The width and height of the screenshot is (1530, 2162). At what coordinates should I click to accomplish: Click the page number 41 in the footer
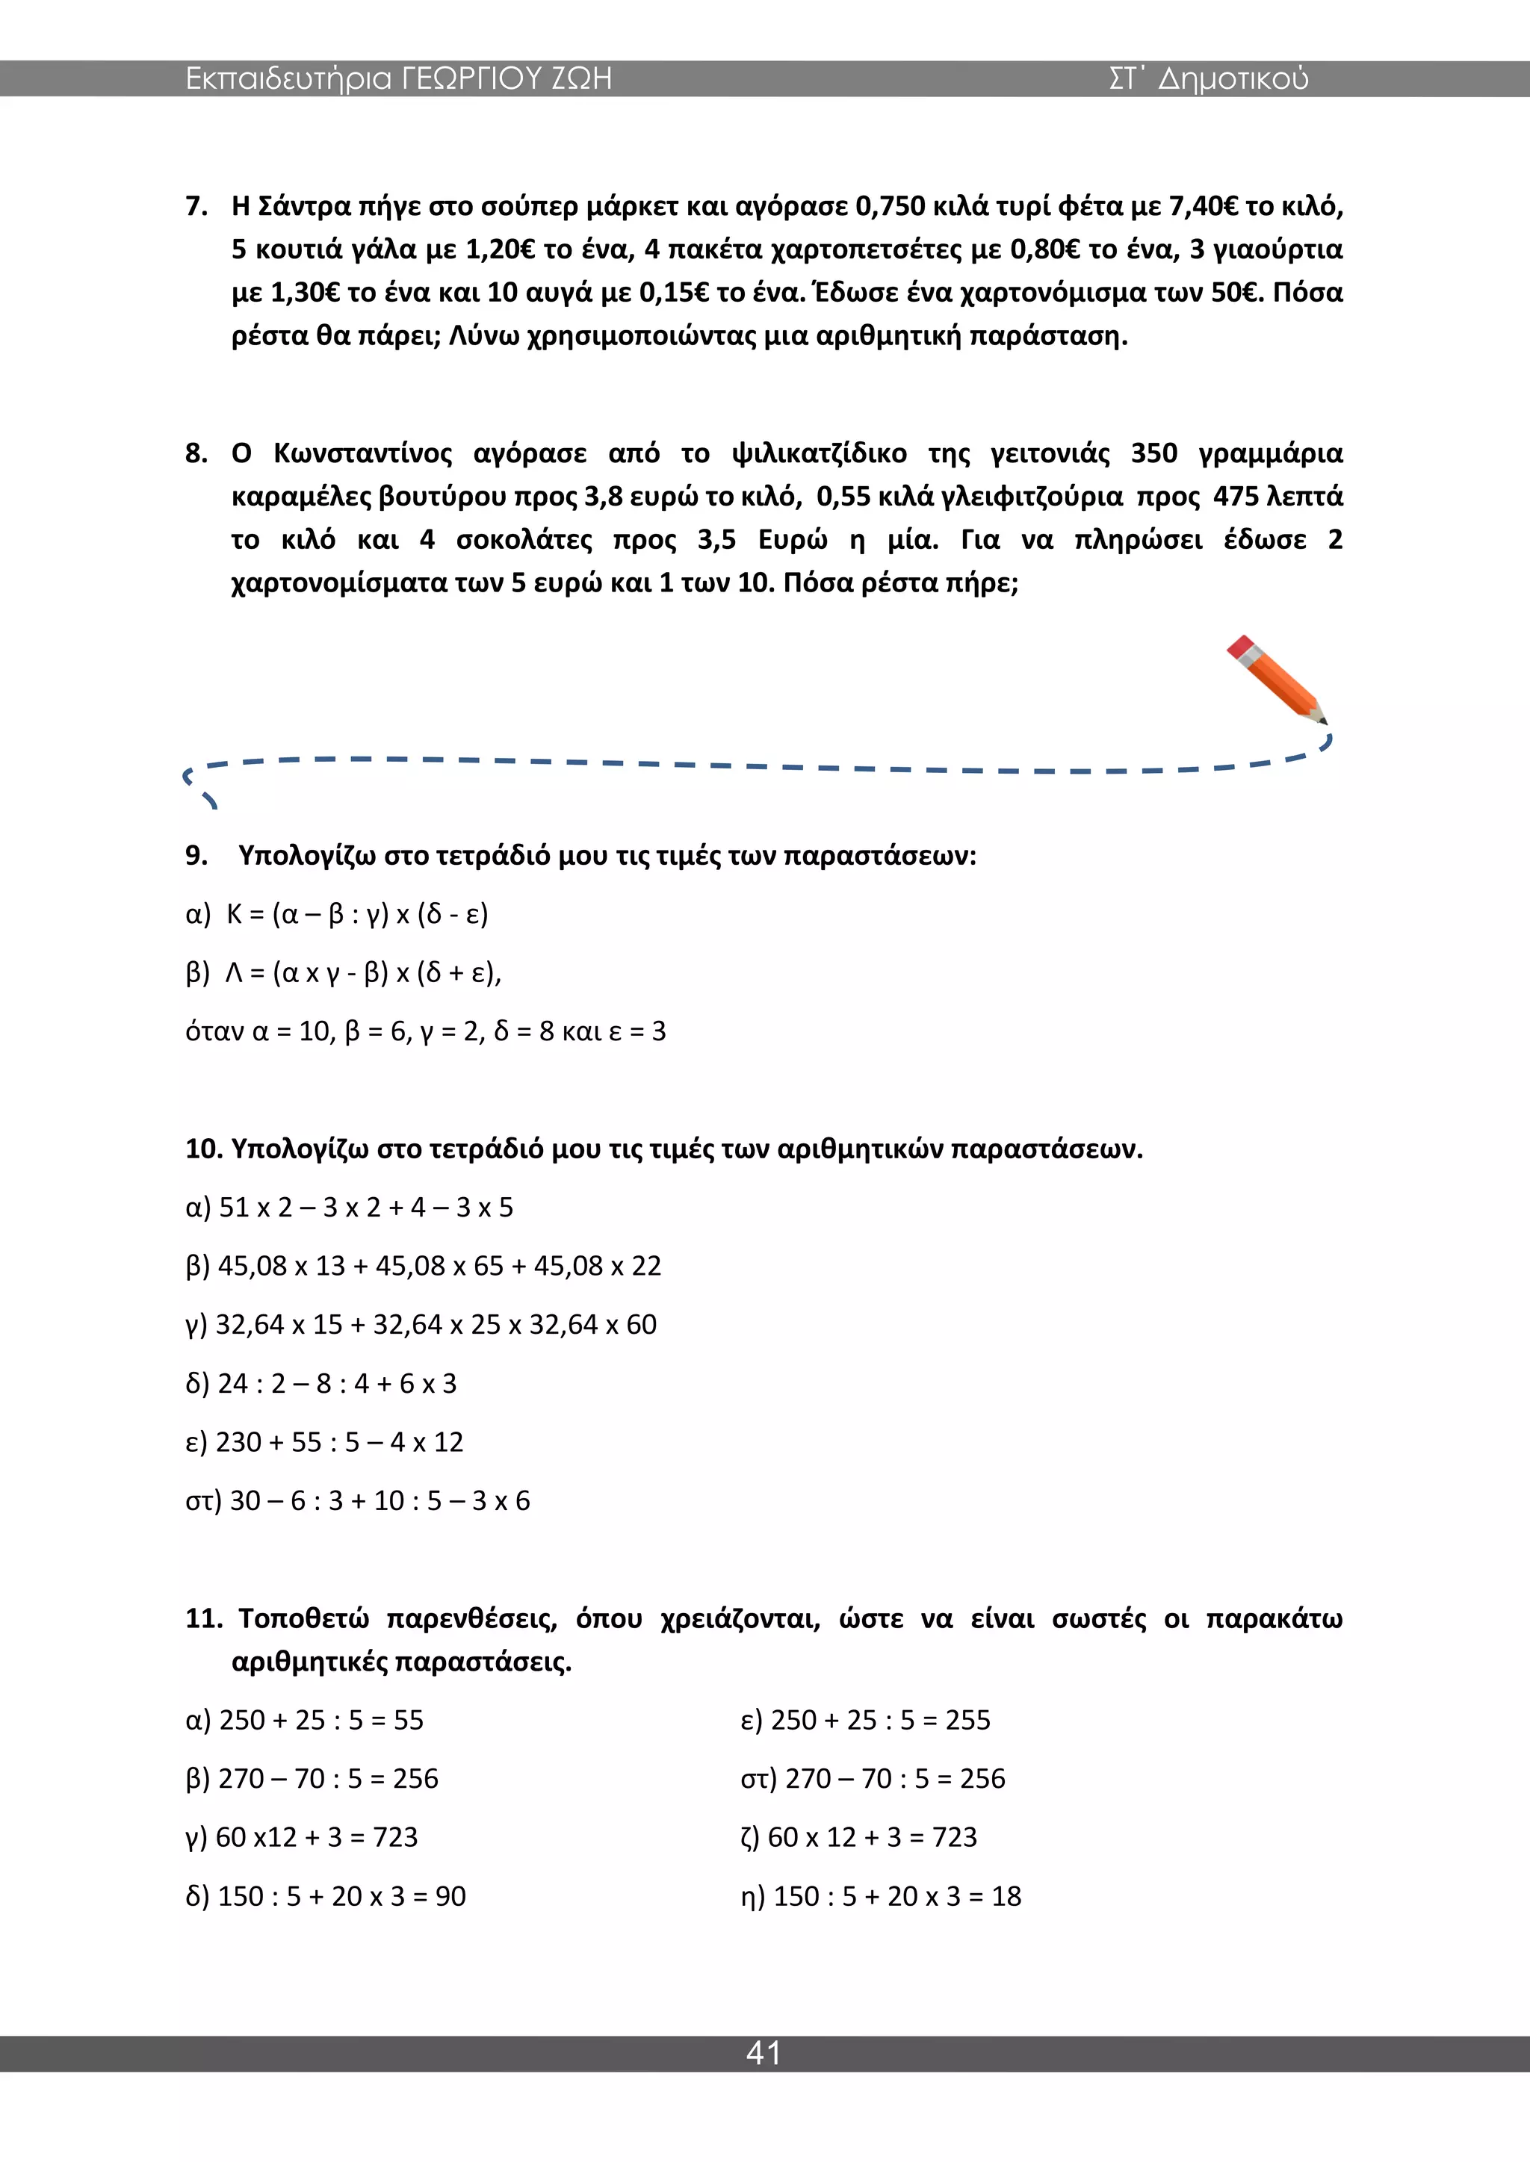763,2053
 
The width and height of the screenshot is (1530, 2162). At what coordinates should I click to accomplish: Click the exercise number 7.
196,206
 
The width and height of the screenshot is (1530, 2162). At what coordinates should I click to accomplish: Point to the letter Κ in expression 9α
235,914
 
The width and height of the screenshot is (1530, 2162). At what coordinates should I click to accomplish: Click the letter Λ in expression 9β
235,972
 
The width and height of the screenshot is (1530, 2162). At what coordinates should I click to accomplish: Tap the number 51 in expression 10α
235,1207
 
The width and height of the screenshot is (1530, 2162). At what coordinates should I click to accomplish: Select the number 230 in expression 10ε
238,1441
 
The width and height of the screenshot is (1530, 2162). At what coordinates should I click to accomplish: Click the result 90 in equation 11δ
450,1895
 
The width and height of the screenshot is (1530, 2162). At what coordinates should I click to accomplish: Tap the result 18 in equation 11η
1006,1895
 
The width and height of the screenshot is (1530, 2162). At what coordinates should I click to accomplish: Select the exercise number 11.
202,1618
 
